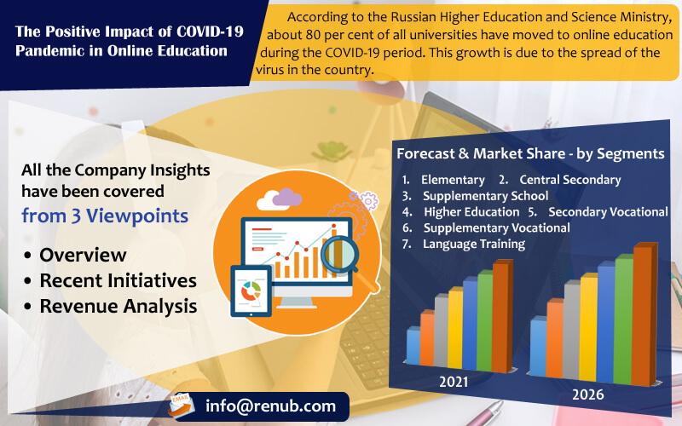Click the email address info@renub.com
270,406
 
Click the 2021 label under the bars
454,382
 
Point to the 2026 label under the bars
587,394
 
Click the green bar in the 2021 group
485,321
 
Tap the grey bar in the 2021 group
441,331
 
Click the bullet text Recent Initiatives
118,280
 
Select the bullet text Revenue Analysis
118,306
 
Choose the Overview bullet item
83,255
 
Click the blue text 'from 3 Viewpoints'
105,216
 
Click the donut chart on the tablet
251,291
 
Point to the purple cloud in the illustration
287,197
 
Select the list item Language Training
474,244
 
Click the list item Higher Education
471,211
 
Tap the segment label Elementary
453,180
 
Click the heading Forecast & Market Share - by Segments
530,153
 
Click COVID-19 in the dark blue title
210,32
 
